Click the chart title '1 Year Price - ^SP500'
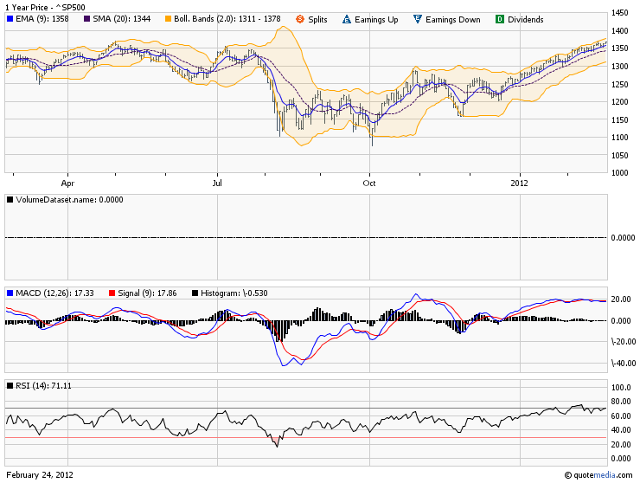(x=45, y=7)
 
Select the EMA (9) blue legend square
(x=10, y=19)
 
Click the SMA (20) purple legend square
(x=86, y=19)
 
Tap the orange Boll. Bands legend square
(x=168, y=19)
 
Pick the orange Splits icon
(x=300, y=19)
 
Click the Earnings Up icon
(x=347, y=19)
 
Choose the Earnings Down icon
(x=418, y=19)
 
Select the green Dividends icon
(x=500, y=19)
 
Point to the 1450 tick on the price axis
(x=619, y=13)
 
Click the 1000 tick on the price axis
(x=619, y=172)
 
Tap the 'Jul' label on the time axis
(x=217, y=183)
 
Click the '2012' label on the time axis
(x=519, y=183)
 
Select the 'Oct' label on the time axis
(x=369, y=183)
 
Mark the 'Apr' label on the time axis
(x=67, y=183)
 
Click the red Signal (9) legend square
(x=112, y=293)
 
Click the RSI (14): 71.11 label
(x=43, y=386)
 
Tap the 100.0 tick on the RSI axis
(x=621, y=388)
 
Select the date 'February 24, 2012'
(x=40, y=475)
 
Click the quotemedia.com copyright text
(x=598, y=475)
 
